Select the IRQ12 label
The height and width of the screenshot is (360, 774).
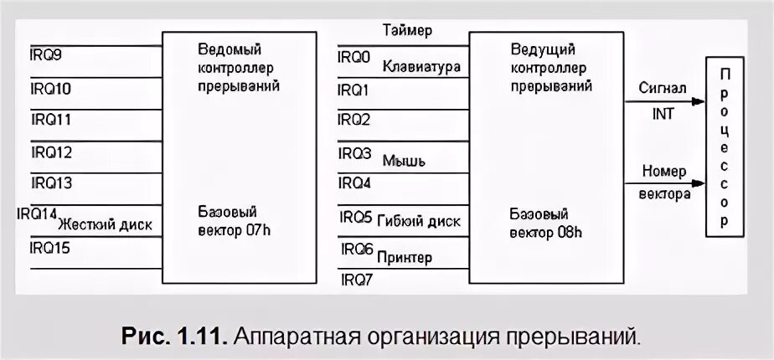51,152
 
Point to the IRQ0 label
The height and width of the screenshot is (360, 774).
353,57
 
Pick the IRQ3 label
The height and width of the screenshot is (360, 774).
354,153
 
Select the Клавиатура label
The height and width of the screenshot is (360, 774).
421,66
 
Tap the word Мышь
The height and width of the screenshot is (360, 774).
401,159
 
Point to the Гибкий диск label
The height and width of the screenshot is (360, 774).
419,222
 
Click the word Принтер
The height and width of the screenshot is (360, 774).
405,257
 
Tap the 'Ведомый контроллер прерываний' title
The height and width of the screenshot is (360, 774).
240,67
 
